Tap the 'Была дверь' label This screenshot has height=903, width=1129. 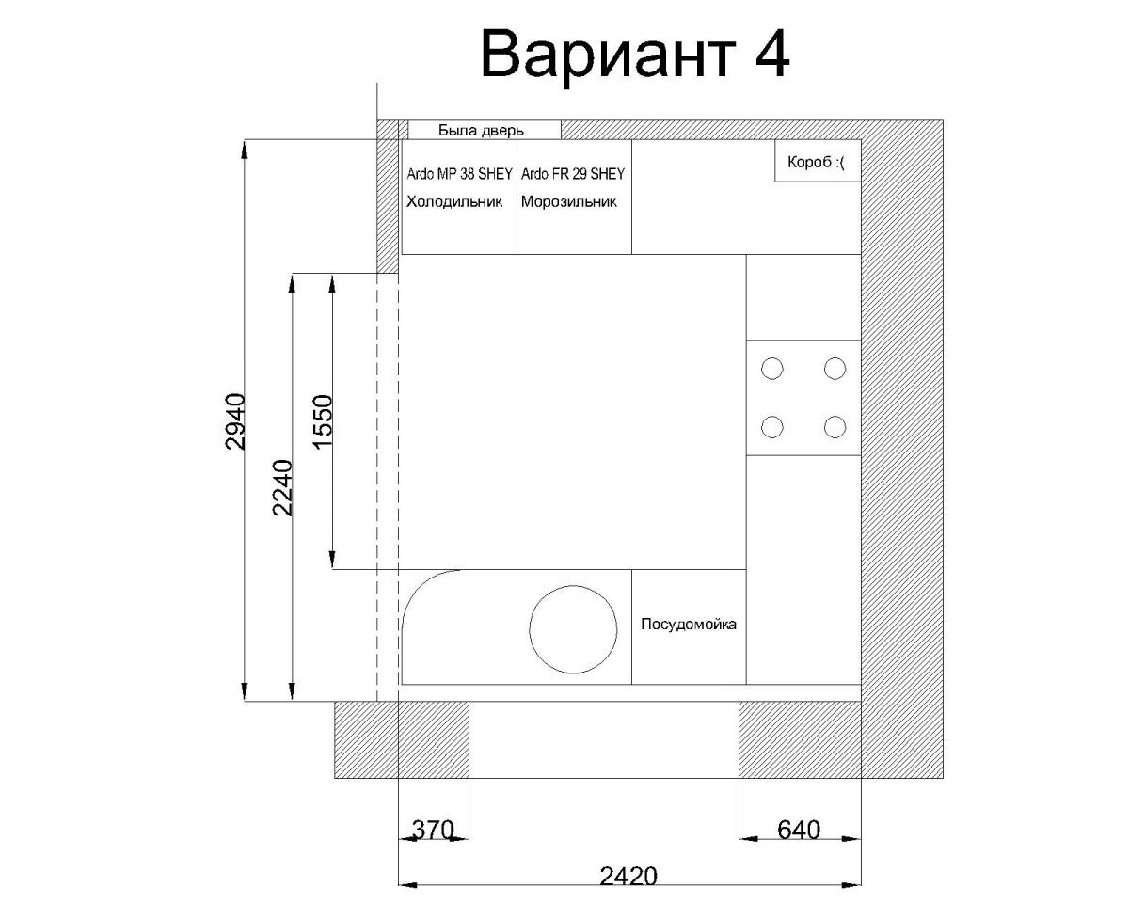(481, 131)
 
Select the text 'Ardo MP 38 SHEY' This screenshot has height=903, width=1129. (459, 174)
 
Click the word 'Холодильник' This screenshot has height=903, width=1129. (454, 202)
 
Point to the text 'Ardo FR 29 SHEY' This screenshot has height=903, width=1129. (573, 174)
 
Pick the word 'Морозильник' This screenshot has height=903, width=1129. (568, 202)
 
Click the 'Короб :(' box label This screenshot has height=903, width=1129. (816, 162)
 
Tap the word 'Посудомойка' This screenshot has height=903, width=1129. (689, 625)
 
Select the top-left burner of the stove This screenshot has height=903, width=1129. (772, 369)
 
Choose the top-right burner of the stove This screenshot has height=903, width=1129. (835, 369)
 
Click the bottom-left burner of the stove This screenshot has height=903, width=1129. (772, 427)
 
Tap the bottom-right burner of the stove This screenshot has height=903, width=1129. (835, 427)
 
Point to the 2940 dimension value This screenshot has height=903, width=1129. (234, 421)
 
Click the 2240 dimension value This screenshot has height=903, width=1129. (282, 488)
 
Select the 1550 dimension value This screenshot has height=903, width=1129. (323, 421)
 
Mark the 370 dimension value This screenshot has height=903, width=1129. (433, 830)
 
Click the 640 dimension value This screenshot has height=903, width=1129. (799, 830)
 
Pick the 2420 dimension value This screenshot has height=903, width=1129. (628, 877)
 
